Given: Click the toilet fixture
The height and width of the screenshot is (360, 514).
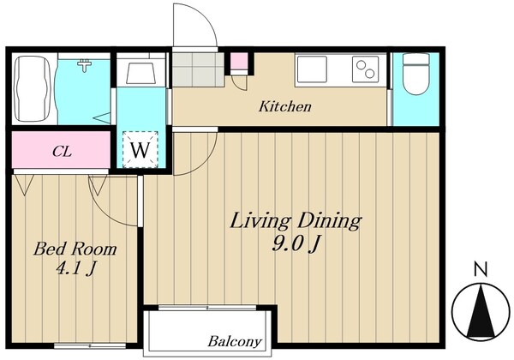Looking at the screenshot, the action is [x=416, y=74].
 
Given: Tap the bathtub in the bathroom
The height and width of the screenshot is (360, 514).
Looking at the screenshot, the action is [x=33, y=88].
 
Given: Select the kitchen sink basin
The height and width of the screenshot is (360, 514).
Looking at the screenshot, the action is [x=312, y=69].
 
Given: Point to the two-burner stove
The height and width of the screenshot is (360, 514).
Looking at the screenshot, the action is [x=366, y=69].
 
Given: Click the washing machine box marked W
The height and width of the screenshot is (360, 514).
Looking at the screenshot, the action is [x=140, y=149].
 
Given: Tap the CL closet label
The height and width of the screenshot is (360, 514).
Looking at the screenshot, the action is [x=62, y=152].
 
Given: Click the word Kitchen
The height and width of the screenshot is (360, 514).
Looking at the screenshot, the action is [x=285, y=106].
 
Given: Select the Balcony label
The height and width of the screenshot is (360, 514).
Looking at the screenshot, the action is [x=235, y=342].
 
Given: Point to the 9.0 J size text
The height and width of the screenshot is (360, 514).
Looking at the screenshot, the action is [x=296, y=244].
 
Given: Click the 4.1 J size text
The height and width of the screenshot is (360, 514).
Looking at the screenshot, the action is [x=76, y=268].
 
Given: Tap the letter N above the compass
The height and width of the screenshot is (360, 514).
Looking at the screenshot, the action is [x=481, y=269].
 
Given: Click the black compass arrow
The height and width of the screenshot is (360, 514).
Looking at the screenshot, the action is [x=481, y=311].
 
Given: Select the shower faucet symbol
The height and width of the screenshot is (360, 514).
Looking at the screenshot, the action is [x=85, y=65].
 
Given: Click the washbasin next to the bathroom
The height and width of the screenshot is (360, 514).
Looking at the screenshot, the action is [x=140, y=74].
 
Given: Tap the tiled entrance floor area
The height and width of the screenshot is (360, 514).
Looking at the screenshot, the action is [x=199, y=69].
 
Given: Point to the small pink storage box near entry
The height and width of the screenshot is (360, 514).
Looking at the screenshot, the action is [x=239, y=62].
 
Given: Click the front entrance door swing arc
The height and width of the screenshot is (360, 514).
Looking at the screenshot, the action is [x=210, y=20].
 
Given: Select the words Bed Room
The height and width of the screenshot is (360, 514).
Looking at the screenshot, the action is [x=75, y=249].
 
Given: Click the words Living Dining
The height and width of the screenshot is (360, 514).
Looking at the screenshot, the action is [x=296, y=221].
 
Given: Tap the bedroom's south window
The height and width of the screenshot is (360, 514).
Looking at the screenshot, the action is [x=90, y=345].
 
